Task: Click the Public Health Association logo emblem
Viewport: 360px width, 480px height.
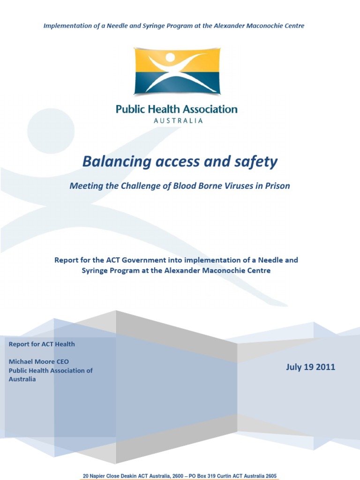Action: (176, 71)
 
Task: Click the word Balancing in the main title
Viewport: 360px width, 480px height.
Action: (112, 162)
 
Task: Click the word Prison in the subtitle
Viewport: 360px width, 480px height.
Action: (277, 186)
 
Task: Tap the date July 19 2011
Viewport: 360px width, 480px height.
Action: (310, 367)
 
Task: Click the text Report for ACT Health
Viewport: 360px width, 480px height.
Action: (42, 344)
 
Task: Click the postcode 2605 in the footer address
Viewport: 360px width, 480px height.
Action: (270, 476)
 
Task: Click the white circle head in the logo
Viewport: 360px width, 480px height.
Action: (170, 57)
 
